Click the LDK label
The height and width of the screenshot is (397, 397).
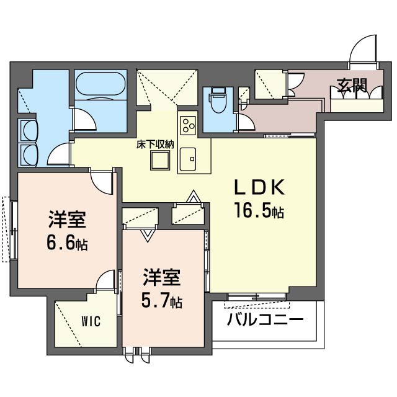tap(259, 187)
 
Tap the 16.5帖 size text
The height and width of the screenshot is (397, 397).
tap(259, 210)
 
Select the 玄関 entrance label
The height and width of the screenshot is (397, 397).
tap(352, 85)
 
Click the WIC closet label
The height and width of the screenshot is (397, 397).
tap(91, 321)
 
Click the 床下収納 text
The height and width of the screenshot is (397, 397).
tap(155, 145)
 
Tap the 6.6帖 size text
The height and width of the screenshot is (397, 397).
tap(67, 243)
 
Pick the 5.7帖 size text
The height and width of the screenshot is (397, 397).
tap(162, 300)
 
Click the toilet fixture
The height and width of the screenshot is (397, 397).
tap(218, 100)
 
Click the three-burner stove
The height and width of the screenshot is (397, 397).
tap(188, 125)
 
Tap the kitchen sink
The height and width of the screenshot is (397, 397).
tap(188, 159)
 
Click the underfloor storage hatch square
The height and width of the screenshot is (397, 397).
tap(160, 161)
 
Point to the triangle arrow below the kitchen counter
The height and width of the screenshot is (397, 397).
tap(194, 196)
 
